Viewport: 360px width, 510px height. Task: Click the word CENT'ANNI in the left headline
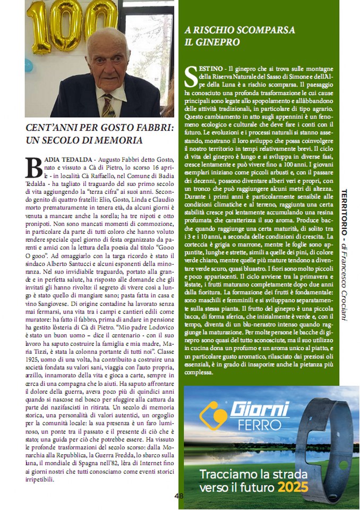coord(50,127)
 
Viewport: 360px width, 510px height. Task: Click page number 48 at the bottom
coord(179,496)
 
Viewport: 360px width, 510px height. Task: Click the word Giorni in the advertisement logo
coord(260,409)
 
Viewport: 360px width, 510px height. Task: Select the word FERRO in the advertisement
coord(255,425)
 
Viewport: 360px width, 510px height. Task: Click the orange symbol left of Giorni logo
coord(213,416)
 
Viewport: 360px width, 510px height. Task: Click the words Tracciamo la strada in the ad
coord(246,473)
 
